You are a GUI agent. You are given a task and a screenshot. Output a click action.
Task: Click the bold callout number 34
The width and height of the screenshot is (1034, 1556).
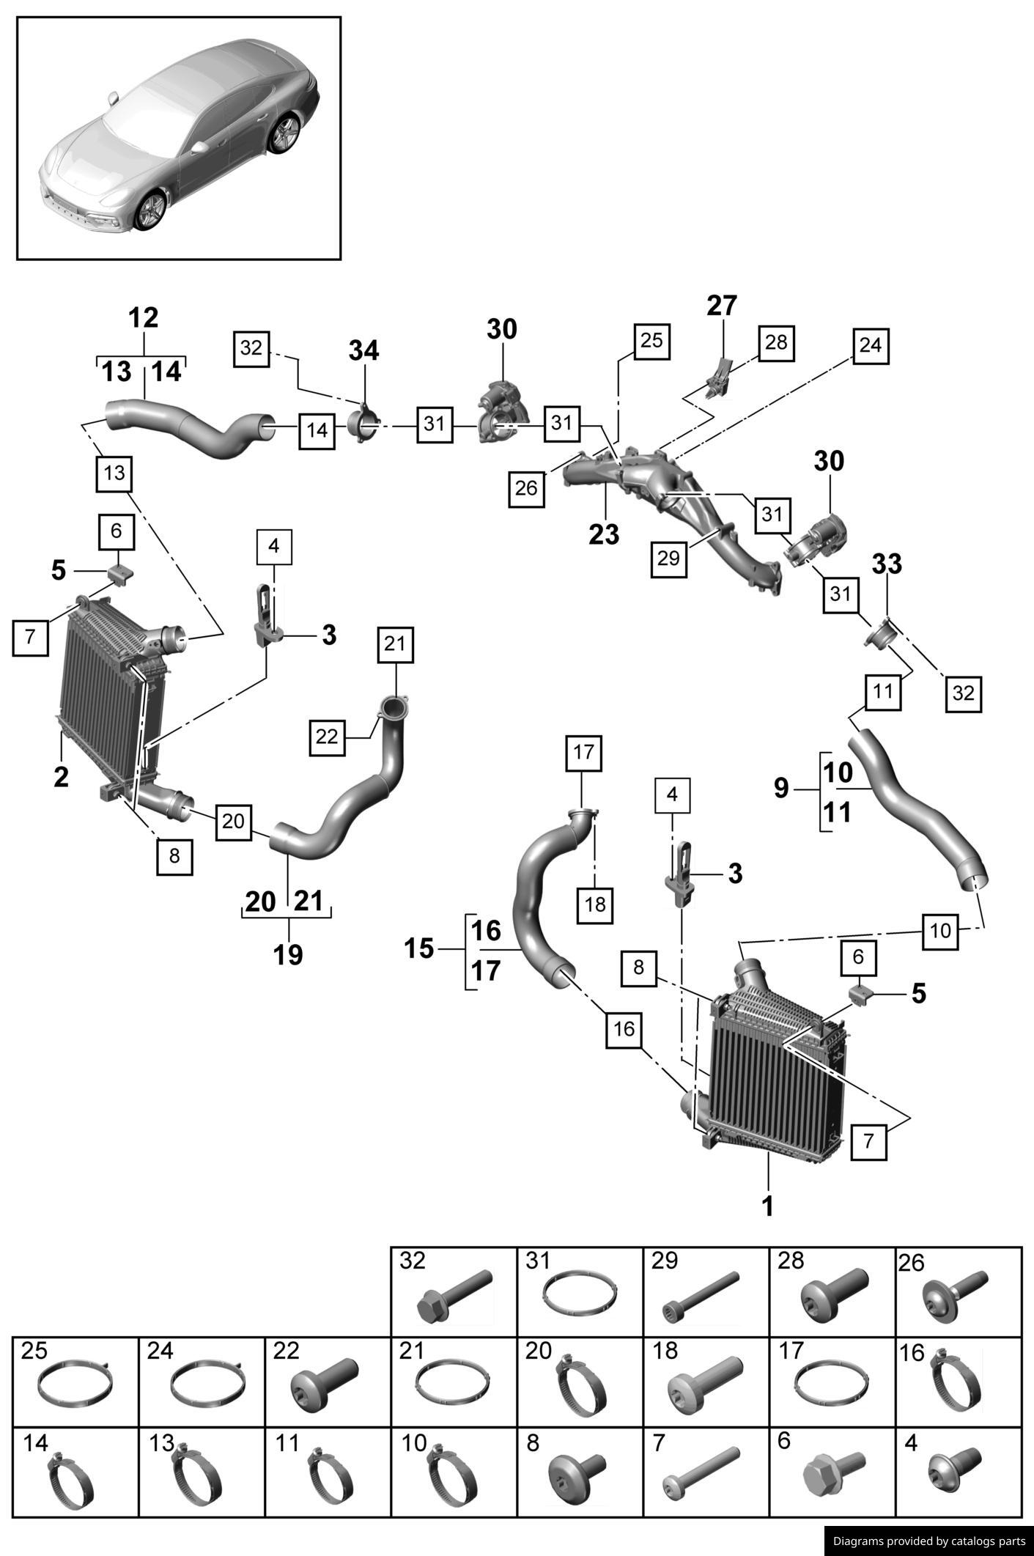pos(363,351)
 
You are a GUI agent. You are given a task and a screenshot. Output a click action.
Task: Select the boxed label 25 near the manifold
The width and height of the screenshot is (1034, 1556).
pos(651,341)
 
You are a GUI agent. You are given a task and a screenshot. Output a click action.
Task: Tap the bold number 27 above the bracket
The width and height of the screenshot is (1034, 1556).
pos(722,306)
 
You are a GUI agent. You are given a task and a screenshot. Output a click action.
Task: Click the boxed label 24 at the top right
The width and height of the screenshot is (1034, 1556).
pos(870,346)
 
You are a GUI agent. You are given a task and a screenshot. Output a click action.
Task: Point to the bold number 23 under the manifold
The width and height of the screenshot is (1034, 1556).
pos(604,534)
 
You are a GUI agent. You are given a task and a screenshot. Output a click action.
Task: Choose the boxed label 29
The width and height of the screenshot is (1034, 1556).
pos(668,558)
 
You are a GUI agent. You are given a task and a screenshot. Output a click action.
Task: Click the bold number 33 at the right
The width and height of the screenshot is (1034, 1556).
pos(887,564)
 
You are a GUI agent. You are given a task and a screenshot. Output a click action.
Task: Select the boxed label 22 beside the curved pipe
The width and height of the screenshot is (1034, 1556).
pos(327,737)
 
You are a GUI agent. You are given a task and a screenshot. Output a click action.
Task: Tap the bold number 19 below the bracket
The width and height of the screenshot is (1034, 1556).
pos(288,954)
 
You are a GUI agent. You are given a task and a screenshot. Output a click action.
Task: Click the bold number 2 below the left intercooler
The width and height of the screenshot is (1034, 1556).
pos(61,777)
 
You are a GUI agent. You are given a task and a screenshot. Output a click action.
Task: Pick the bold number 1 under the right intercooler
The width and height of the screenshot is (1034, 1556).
pos(767,1206)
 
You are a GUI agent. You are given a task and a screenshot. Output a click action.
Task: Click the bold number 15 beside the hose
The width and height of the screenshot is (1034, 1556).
pos(419,949)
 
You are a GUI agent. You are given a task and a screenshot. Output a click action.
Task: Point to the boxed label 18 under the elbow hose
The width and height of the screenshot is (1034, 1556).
pos(595,905)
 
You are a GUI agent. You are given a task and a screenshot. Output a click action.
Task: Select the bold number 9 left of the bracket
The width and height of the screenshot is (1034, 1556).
pos(781,789)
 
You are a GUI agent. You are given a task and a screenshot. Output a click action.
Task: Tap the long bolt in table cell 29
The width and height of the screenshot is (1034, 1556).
pos(700,1297)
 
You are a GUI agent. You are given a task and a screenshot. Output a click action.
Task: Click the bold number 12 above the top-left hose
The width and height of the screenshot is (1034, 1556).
pos(143,318)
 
